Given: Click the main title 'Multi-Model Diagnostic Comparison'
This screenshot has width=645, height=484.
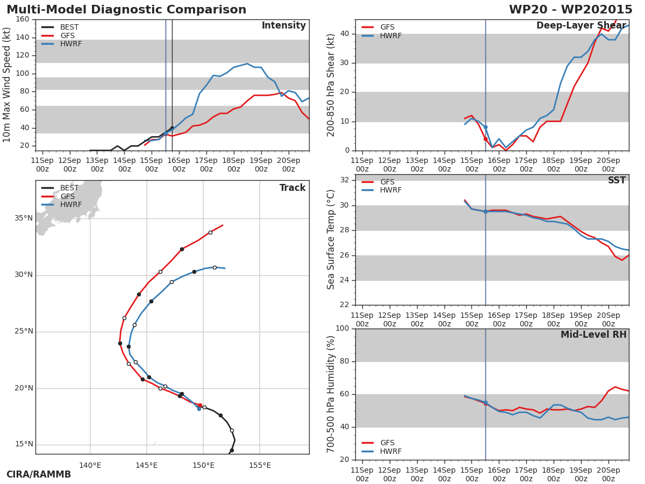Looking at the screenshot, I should pos(126,10).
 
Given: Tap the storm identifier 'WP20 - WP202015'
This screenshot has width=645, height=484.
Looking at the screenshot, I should pos(570,10).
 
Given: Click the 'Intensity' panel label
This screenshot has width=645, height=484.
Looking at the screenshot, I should pos(283,26).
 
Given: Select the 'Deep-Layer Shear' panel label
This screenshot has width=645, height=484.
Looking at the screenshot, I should pos(580,26).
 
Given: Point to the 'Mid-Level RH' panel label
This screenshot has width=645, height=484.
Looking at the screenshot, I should pos(593,335).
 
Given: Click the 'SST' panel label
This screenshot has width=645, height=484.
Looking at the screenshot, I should pos(617,181).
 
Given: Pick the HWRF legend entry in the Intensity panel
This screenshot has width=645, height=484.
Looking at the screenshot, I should pos(71,44).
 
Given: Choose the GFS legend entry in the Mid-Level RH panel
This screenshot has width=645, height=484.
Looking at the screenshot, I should pos(387,443).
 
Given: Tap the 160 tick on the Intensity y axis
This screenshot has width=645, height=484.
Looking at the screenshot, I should pos(23,19).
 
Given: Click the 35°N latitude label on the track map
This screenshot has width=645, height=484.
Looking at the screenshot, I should pos(24,218).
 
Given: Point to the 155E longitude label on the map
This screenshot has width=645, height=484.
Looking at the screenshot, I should pos(260,466).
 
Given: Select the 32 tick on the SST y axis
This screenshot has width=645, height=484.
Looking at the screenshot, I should pos(344,180).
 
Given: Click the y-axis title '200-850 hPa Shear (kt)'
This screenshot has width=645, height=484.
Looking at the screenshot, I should pos(332,85).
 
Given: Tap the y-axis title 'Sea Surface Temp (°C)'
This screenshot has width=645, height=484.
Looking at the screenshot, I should pos(332,240).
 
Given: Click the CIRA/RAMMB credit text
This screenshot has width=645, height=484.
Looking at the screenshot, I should pos(39,475).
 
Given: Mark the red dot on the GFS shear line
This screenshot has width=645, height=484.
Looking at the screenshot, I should pos(485,139).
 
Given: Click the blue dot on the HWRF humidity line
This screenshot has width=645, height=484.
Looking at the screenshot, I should pos(485,402).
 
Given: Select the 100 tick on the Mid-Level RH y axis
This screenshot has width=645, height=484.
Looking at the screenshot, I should pos(342,329).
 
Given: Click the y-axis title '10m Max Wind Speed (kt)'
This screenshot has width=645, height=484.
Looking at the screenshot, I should pos(8,85).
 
